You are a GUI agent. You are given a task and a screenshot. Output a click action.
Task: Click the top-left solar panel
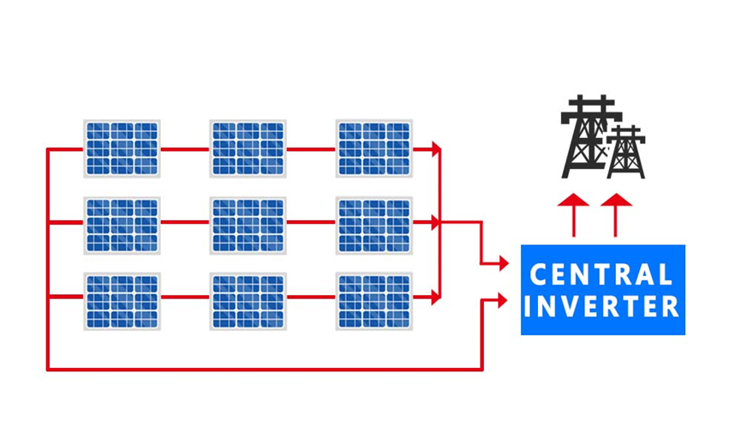pyautogui.click(x=122, y=148)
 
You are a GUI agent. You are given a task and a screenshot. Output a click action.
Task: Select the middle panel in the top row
pyautogui.click(x=248, y=148)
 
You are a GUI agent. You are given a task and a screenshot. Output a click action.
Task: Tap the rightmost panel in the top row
pyautogui.click(x=373, y=148)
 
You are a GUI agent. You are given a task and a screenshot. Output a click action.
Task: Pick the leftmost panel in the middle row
pyautogui.click(x=122, y=225)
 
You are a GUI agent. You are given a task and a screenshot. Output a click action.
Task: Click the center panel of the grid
pyautogui.click(x=248, y=225)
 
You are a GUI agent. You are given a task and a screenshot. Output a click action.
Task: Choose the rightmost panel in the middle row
pyautogui.click(x=373, y=225)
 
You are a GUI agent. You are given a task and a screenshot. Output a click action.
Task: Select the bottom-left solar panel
pyautogui.click(x=122, y=300)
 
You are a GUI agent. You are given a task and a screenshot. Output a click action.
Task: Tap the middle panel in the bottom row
pyautogui.click(x=248, y=300)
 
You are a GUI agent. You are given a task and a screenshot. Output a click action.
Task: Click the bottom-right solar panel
pyautogui.click(x=373, y=300)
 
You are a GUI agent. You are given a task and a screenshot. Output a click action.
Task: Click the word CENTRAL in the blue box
pyautogui.click(x=601, y=275)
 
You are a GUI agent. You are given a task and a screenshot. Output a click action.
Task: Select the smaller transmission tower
pyautogui.click(x=626, y=153)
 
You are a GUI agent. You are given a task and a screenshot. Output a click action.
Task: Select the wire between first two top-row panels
pyautogui.click(x=184, y=149)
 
